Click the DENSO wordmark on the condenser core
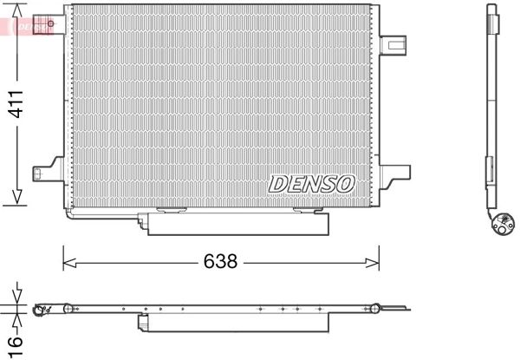point(311,184)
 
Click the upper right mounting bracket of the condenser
point(392,43)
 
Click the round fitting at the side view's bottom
point(502,226)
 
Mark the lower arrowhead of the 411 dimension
point(16,200)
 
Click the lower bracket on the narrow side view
point(490,165)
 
